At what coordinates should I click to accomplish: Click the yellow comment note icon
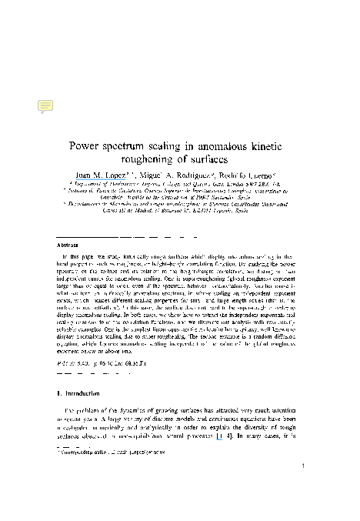[45, 107]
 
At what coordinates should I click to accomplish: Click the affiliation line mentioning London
[180, 185]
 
